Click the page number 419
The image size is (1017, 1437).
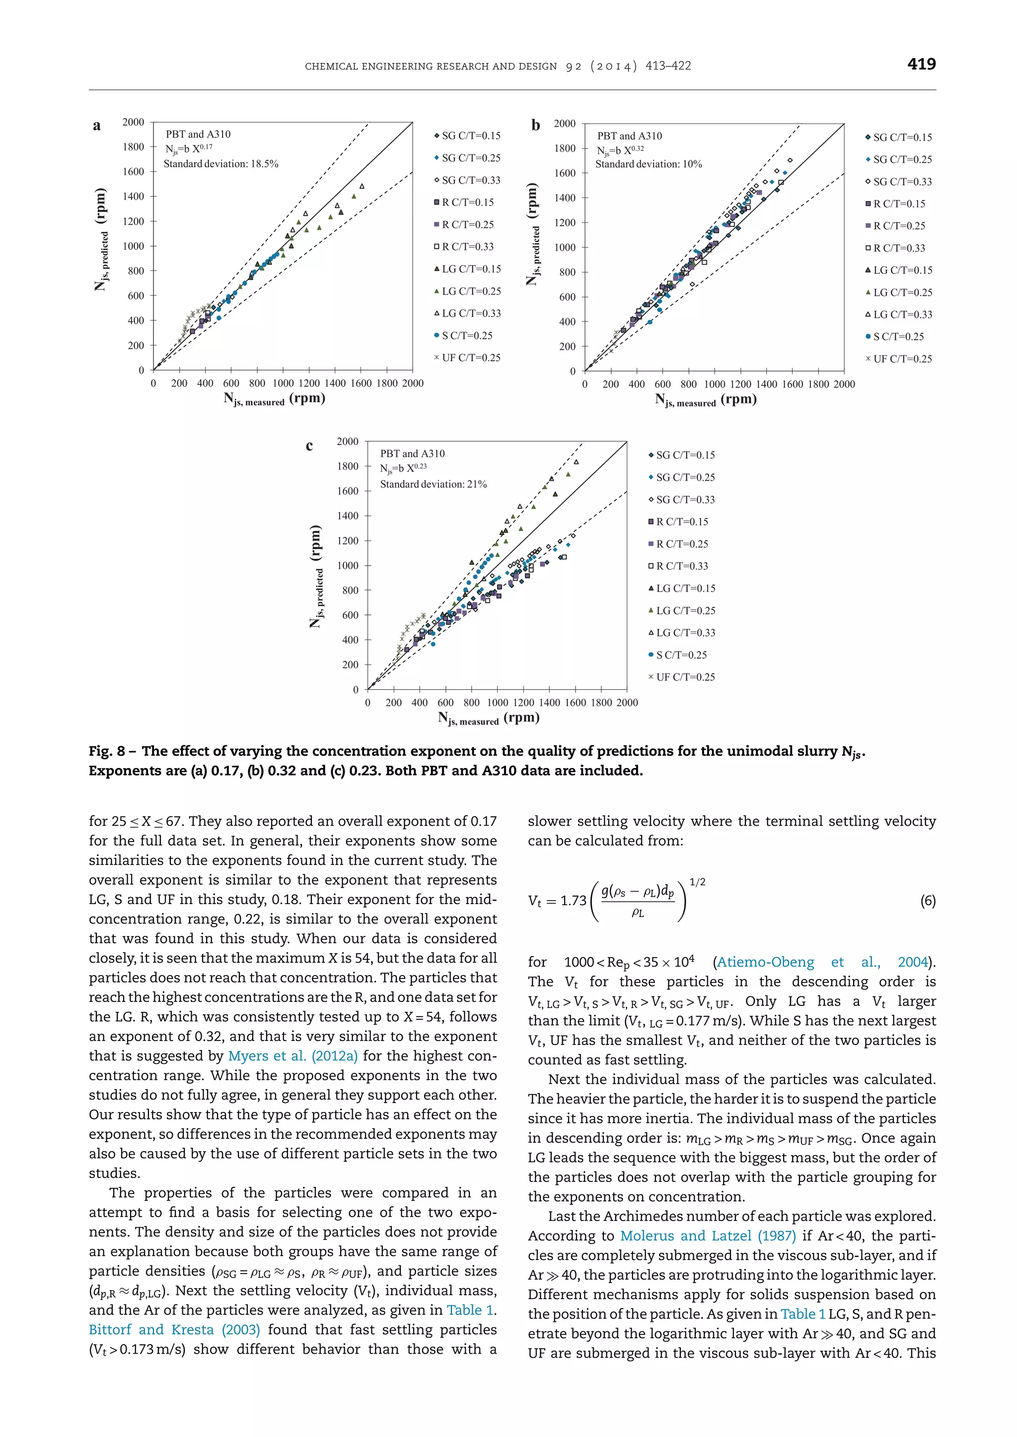[x=921, y=64]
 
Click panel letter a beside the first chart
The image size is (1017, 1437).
[x=97, y=126]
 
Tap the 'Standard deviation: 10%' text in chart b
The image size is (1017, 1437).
[x=648, y=164]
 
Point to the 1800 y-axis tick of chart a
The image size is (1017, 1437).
[x=134, y=147]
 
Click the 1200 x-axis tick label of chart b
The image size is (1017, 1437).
[x=740, y=384]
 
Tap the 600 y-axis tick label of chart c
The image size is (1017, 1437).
[x=350, y=615]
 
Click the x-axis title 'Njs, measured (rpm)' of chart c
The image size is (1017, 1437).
[x=489, y=718]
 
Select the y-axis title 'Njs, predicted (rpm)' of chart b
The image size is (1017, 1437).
[x=532, y=235]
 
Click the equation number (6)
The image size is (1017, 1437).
[x=928, y=901]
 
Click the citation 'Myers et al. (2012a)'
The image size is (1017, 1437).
[x=293, y=1056]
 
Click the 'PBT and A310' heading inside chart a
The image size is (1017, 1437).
[x=198, y=134]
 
